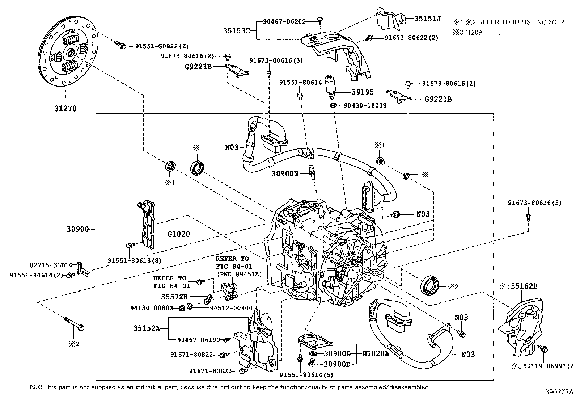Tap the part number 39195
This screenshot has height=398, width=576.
pos(362,92)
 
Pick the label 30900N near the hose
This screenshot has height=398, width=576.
pos(285,173)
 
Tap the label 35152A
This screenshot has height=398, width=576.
pos(146,328)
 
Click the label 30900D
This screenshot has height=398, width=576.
pos(337,364)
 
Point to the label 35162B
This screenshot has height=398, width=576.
pos(524,286)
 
